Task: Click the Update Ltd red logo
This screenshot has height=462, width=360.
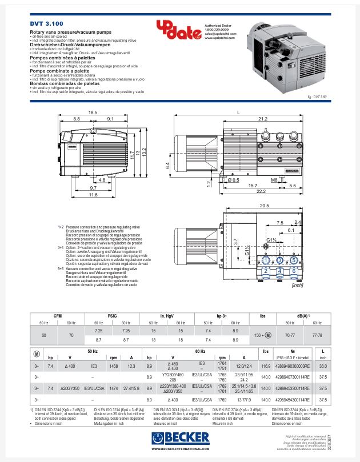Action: coord(175,30)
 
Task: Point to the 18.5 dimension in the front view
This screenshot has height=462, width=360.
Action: coord(93,112)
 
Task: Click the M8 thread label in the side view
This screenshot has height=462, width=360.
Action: coord(274,179)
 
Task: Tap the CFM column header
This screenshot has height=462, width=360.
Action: coord(58,315)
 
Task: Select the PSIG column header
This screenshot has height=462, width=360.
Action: coord(112,315)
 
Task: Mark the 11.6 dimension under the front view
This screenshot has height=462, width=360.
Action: coord(93,195)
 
